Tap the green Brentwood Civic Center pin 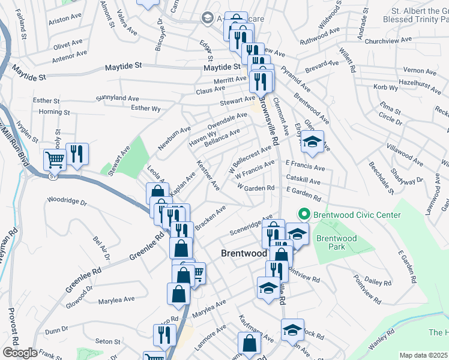pos(304,214)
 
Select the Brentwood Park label pos(337,242)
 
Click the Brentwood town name pos(244,253)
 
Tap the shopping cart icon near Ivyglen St pos(55,160)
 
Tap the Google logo pos(20,353)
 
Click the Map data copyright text pos(423,355)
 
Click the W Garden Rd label pos(256,187)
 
